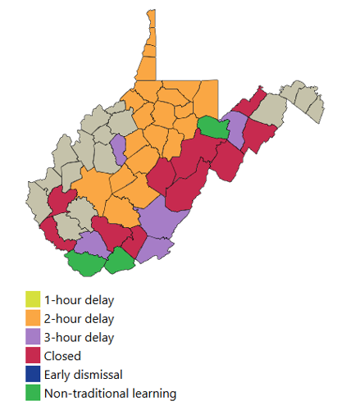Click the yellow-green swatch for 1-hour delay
click(33, 299)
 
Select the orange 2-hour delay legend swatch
click(33, 318)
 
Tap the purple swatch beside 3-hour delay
click(33, 337)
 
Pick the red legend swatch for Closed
click(33, 356)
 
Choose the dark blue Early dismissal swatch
click(33, 375)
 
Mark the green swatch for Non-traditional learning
click(33, 394)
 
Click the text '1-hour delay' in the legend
click(80, 299)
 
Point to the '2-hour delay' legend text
click(80, 318)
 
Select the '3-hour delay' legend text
click(80, 337)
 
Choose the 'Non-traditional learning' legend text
click(110, 394)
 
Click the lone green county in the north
click(214, 127)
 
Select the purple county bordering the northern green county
click(236, 129)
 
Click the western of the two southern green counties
click(86, 263)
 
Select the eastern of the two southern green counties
click(121, 261)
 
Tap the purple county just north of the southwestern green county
click(93, 243)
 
